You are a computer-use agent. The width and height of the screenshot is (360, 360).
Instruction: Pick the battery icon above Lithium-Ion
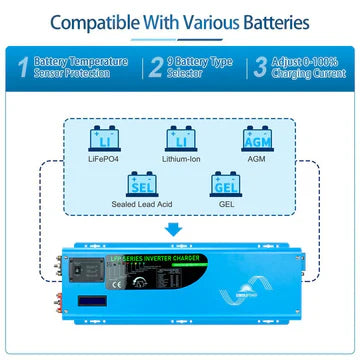(x=181, y=137)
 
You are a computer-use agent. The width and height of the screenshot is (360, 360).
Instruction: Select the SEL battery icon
(x=140, y=184)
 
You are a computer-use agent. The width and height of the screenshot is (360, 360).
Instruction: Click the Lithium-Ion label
(x=181, y=157)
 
